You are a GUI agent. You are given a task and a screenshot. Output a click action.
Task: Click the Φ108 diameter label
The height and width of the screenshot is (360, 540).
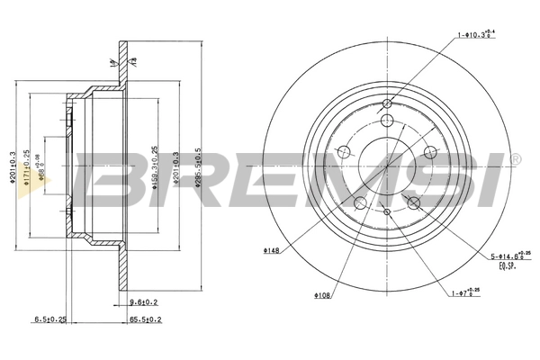(x=324, y=293)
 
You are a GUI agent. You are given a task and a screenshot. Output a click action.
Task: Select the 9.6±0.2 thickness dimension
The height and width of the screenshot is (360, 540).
(x=144, y=303)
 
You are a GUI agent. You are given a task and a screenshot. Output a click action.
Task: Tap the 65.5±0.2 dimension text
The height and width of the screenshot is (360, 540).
(x=145, y=319)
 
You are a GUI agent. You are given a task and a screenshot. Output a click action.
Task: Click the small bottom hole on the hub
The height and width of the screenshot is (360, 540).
(x=387, y=211)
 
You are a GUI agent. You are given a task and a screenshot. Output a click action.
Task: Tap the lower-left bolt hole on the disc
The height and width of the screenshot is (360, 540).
(x=360, y=202)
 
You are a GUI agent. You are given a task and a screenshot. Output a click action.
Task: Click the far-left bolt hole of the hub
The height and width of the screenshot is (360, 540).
(x=343, y=150)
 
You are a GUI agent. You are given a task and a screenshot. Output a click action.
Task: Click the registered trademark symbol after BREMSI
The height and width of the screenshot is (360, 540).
(x=516, y=160)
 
